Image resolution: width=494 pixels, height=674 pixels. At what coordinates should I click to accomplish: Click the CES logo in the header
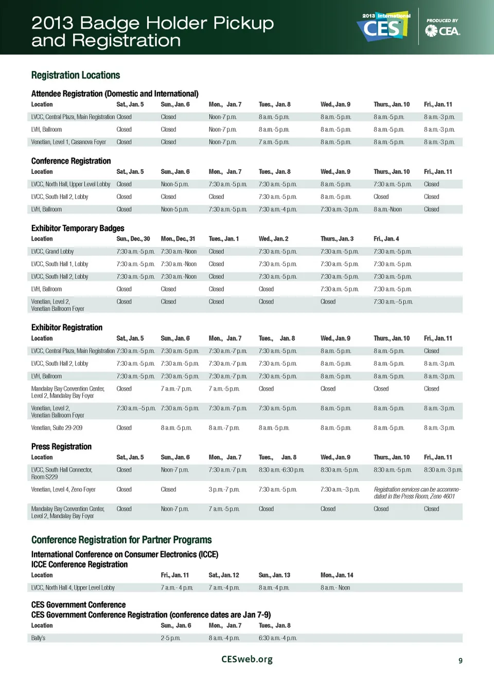point(383,27)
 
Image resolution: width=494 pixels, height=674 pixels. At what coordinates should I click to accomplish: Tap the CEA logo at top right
point(443,30)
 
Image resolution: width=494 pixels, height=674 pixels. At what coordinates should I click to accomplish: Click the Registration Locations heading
point(76,75)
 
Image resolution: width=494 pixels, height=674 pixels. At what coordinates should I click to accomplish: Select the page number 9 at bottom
point(461,661)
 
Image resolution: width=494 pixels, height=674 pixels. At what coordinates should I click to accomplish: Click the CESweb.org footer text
point(247,659)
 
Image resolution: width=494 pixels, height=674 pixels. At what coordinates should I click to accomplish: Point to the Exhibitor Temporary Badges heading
point(78,228)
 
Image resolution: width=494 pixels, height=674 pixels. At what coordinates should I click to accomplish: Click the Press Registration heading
point(61,447)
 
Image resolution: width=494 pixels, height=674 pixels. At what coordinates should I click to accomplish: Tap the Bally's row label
point(38,638)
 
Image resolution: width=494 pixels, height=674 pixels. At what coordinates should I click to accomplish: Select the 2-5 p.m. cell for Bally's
point(170,638)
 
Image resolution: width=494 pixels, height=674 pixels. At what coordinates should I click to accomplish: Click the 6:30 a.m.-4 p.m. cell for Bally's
point(277,638)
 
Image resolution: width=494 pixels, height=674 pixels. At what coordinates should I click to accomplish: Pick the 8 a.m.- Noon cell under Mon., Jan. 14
point(335,588)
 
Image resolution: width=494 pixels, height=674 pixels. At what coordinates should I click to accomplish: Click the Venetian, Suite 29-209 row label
point(57,428)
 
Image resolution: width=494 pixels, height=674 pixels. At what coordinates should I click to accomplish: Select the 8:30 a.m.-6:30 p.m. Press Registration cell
point(281,470)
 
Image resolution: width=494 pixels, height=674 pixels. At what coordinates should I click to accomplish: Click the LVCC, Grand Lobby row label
point(52,252)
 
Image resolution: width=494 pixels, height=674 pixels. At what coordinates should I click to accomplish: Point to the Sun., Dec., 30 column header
point(133,239)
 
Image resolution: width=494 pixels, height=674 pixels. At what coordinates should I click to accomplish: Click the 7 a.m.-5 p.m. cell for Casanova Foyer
point(274,142)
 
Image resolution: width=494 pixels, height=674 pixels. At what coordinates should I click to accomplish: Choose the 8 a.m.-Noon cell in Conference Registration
point(387,209)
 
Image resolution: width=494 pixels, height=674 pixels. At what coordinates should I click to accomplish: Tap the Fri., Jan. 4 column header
point(386,239)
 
